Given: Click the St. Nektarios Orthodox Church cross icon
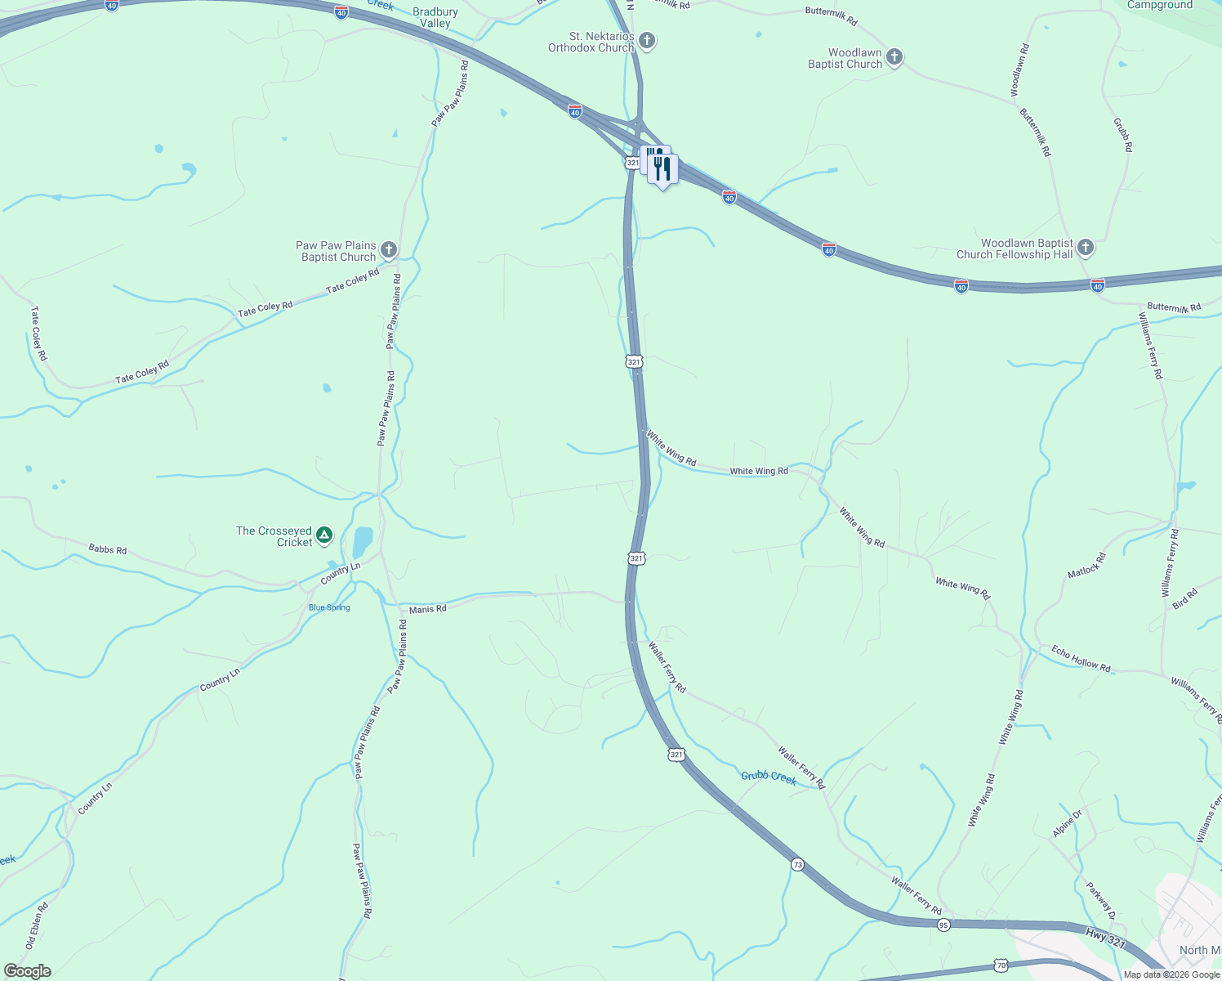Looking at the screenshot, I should click(647, 40).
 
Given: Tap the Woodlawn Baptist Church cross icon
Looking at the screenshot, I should click(894, 57).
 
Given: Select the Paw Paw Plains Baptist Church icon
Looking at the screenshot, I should click(389, 249).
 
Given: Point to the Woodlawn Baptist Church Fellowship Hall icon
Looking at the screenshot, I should click(1085, 247).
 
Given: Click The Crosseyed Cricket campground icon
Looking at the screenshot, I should click(324, 535).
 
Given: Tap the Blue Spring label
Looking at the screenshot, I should click(329, 607).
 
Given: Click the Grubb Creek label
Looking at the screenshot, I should click(769, 776).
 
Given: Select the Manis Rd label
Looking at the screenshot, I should click(427, 609).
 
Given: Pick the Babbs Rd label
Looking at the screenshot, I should click(107, 549).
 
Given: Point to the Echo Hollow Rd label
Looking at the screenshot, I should click(1081, 659).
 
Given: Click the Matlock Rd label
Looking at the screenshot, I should click(1086, 566).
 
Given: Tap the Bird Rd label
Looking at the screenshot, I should click(1184, 598).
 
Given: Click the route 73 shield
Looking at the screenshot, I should click(797, 864).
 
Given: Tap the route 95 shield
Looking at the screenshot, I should click(943, 925).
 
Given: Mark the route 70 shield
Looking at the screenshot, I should click(1001, 965).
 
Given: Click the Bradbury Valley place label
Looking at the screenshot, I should click(435, 17).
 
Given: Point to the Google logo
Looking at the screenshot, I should click(28, 971).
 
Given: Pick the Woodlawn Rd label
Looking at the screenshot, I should click(1019, 71).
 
